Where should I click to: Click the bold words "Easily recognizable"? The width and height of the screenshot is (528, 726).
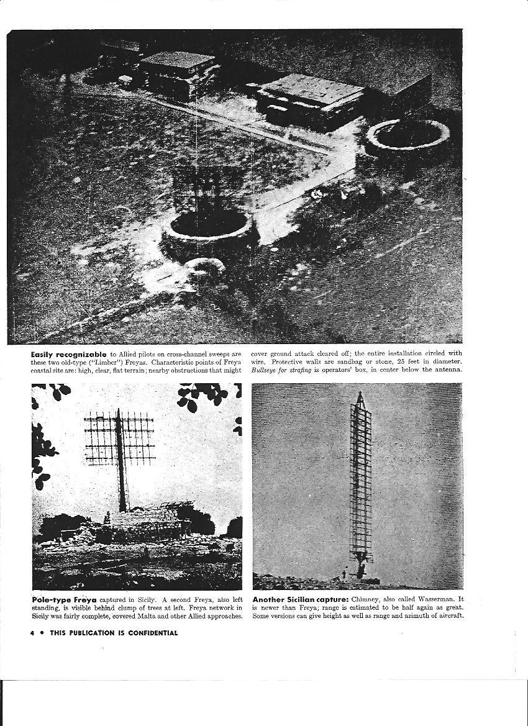[69, 353]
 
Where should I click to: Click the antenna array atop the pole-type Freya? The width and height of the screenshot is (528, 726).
[119, 438]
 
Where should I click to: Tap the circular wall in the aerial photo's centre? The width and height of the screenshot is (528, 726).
[209, 233]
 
